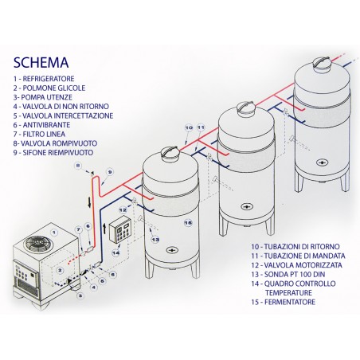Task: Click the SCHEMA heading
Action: tap(41, 63)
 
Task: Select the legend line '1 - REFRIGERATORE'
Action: tap(44, 79)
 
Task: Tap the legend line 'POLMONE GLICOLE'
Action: tap(49, 88)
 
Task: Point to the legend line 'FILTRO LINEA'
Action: tap(39, 134)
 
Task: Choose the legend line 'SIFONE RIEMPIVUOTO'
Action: tap(53, 153)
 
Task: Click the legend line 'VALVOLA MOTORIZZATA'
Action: tap(297, 265)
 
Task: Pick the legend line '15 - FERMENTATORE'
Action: tap(284, 302)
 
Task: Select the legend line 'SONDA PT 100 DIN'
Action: tap(288, 275)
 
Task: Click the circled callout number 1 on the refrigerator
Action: tap(54, 233)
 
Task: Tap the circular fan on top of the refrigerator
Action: tap(35, 243)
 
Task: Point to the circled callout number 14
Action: tap(116, 252)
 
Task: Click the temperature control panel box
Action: tap(120, 229)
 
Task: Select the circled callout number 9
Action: tap(110, 172)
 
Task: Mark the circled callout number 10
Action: tap(189, 127)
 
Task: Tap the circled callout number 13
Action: tap(155, 240)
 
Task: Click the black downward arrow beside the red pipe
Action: tap(89, 203)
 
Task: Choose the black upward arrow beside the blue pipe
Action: tap(104, 229)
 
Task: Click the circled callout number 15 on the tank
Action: tap(188, 222)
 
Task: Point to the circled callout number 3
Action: tap(80, 295)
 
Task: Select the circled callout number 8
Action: tap(77, 166)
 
